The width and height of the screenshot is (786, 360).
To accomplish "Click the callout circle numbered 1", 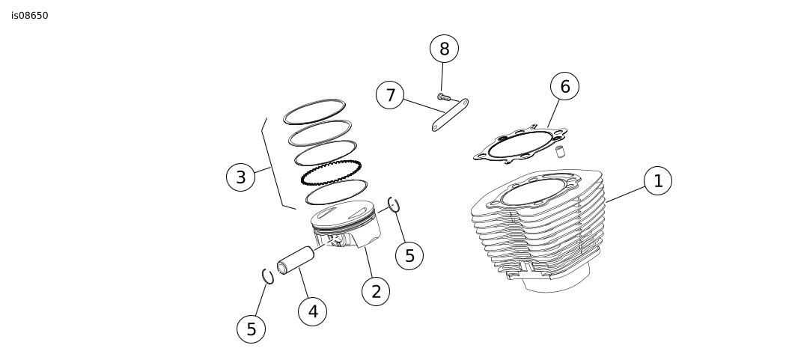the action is click(x=658, y=180).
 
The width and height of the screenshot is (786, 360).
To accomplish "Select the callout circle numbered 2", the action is click(x=376, y=291).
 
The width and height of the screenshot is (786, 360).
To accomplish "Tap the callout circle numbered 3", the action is click(x=240, y=177).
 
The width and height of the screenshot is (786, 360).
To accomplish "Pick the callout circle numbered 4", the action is click(x=312, y=311).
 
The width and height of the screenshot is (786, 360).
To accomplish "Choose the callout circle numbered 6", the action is click(x=564, y=86).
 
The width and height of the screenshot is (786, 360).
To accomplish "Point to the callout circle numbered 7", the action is click(x=390, y=95).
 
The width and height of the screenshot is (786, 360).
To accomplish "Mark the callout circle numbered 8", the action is click(x=444, y=49).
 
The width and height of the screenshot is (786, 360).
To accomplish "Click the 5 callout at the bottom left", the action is click(x=251, y=329).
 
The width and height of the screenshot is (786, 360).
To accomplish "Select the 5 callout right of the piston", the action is click(x=409, y=256).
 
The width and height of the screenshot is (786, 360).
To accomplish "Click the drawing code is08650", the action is click(x=30, y=16).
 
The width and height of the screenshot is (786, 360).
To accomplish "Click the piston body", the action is click(x=345, y=225).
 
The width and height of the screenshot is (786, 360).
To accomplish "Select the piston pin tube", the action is click(x=296, y=260).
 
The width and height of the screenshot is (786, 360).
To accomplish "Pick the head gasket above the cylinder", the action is click(x=521, y=144).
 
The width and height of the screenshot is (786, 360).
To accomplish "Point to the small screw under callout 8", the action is click(x=442, y=97).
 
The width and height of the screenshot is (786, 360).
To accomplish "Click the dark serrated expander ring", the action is click(x=331, y=172).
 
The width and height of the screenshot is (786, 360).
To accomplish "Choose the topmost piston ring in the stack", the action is click(x=314, y=112).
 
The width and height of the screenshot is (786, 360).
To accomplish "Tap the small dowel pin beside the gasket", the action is click(x=561, y=151).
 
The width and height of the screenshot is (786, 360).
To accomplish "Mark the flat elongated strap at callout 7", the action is click(x=450, y=115).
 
